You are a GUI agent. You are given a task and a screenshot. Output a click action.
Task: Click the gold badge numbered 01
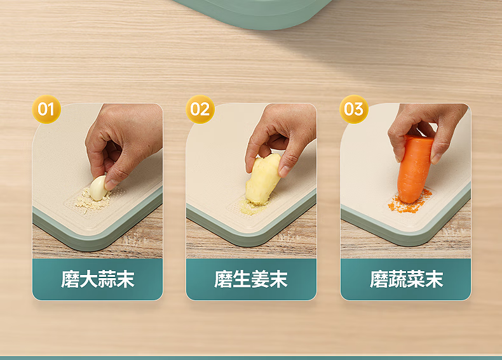46,109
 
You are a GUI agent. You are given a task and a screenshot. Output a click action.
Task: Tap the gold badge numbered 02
200,109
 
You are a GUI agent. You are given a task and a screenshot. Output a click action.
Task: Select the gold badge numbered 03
354,109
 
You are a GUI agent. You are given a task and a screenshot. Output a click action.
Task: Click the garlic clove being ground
98,188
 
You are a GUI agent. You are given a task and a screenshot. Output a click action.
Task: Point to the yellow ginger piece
262,179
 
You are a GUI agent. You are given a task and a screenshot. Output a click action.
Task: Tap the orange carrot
414,169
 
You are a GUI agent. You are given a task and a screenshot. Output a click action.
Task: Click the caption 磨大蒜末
98,279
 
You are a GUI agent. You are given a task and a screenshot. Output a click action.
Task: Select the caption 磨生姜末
251,279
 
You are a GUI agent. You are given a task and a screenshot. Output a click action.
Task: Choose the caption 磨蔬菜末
406,279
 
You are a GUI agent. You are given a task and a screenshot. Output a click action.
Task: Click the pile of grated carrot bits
410,203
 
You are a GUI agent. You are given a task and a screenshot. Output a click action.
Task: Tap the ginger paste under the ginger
252,208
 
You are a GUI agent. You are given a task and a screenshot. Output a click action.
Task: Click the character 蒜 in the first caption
107,279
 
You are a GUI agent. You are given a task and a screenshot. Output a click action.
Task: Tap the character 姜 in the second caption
260,279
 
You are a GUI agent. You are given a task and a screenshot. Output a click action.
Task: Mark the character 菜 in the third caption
415,279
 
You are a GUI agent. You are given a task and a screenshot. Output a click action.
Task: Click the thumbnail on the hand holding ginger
284,171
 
